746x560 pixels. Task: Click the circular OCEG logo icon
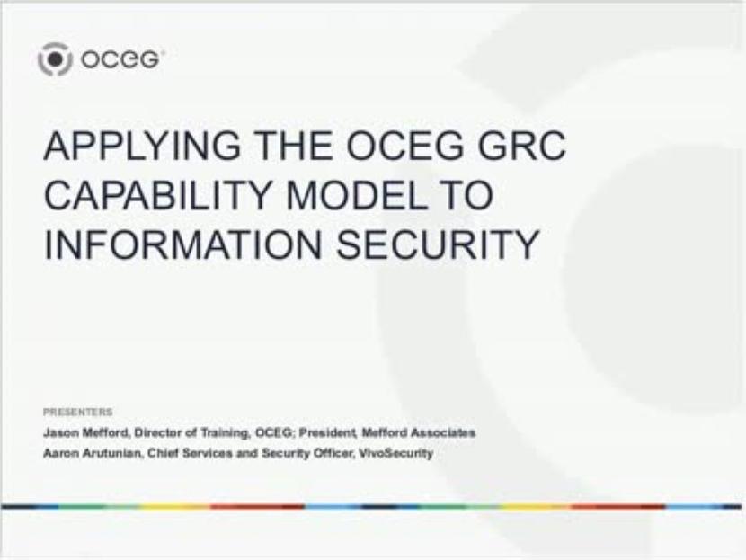pos(54,59)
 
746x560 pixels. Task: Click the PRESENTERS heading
pos(78,412)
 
